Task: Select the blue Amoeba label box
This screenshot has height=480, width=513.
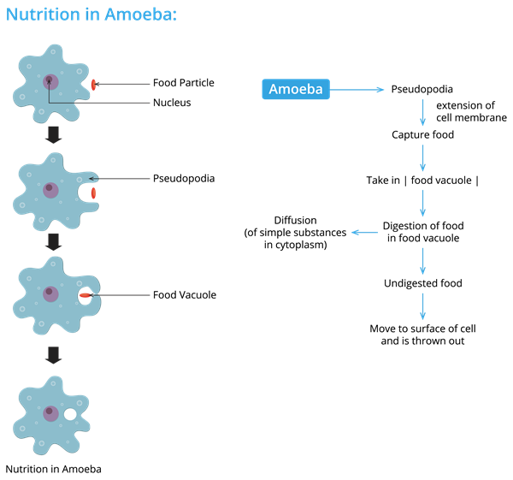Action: pyautogui.click(x=295, y=90)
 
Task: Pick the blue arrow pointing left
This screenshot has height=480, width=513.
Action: pyautogui.click(x=364, y=232)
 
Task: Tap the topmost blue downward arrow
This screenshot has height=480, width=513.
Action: pyautogui.click(x=422, y=112)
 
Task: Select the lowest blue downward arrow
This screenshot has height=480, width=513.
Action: pyautogui.click(x=422, y=305)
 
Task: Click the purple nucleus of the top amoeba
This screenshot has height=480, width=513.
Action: pyautogui.click(x=50, y=82)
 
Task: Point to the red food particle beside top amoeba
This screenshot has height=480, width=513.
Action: pyautogui.click(x=93, y=85)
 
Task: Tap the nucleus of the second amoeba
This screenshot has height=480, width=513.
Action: pyautogui.click(x=50, y=190)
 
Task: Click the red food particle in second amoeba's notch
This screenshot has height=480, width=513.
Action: pyautogui.click(x=93, y=193)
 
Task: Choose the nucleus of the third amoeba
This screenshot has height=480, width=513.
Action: pyautogui.click(x=50, y=293)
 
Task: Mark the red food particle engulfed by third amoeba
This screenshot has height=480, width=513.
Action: pyautogui.click(x=85, y=295)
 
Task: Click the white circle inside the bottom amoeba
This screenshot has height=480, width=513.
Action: pyautogui.click(x=70, y=415)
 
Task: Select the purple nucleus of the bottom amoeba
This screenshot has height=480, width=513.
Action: pyautogui.click(x=50, y=413)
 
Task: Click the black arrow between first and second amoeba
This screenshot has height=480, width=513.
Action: pyautogui.click(x=53, y=134)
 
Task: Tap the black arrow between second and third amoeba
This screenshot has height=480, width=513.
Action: pyautogui.click(x=53, y=241)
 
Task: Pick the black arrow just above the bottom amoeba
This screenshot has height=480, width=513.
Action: pyautogui.click(x=53, y=355)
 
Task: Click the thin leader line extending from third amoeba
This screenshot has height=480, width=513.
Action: pyautogui.click(x=124, y=295)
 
